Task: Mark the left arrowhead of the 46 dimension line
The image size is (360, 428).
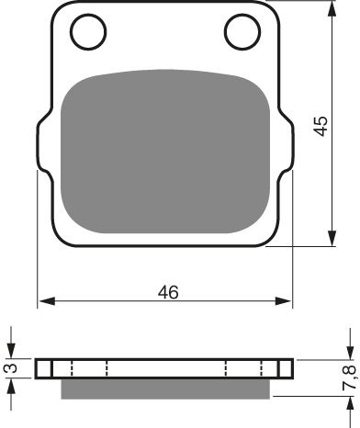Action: coord(44,301)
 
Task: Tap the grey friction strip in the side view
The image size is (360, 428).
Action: coord(165,389)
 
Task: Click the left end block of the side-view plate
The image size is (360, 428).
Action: coord(43,369)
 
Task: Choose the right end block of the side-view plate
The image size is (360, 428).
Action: coord(286,369)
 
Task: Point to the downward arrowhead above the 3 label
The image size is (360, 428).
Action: coord(11,354)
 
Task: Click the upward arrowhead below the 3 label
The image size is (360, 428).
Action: coord(11,385)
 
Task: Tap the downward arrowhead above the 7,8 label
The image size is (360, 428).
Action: coord(349,354)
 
